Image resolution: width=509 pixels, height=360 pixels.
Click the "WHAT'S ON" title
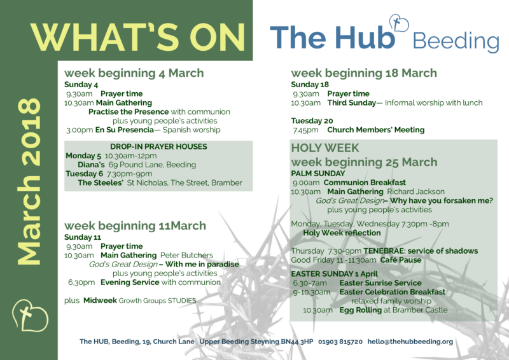pos(137,38)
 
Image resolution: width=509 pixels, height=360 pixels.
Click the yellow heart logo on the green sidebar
pos(30,315)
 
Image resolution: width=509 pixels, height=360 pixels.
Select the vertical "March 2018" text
pos(29,181)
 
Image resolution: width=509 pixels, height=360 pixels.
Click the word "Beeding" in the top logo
pos(456,42)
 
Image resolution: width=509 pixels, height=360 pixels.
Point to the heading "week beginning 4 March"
pos(134,73)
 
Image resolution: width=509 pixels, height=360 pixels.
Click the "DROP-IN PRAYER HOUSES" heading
pos(158,146)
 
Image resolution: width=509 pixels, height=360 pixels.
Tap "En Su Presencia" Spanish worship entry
pos(124,130)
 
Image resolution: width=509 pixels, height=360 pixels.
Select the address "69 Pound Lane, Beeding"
pos(152,165)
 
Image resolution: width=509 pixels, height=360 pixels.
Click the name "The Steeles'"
pos(101,183)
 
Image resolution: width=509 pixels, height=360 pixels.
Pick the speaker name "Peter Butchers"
pos(186,255)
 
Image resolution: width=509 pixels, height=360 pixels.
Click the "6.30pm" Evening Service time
pos(81,282)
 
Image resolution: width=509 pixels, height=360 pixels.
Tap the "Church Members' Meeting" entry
pos(375,130)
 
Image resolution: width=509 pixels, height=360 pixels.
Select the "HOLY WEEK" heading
pos(325,148)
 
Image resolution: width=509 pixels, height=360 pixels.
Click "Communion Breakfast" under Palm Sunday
pos(365,183)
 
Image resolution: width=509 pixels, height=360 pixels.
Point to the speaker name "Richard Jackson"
pos(416,191)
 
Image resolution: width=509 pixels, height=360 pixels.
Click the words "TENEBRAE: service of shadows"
pos(421,251)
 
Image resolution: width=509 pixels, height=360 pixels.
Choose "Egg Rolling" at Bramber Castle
pos(361,310)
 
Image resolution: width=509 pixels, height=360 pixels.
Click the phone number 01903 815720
pos(340,342)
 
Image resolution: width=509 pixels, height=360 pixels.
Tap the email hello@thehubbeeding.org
pos(410,342)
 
